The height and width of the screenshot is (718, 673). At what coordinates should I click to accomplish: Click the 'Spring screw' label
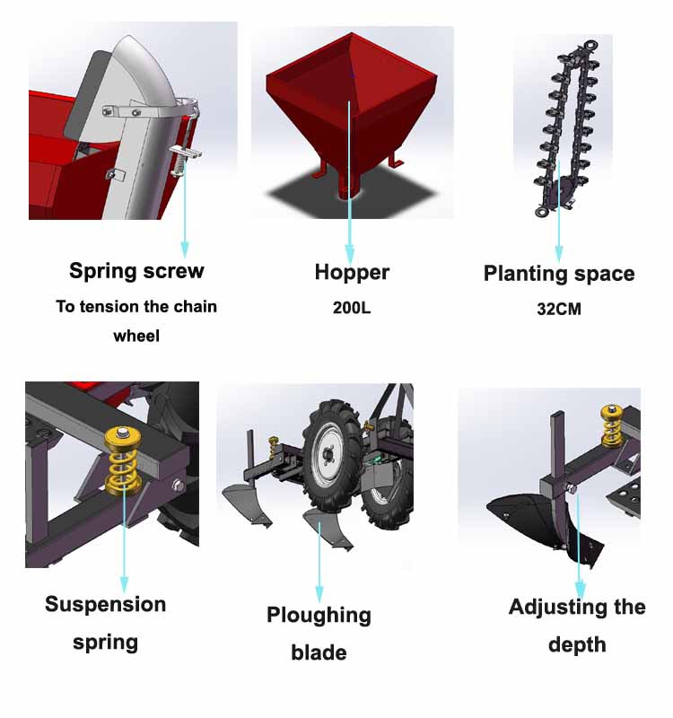[x=136, y=271]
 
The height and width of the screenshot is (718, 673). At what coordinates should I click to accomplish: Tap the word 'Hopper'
[x=352, y=272]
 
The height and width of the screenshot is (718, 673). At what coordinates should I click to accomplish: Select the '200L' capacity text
[x=352, y=308]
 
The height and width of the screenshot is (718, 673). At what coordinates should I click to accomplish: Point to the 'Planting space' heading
[x=559, y=274]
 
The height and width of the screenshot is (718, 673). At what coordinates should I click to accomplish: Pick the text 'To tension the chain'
[x=136, y=307]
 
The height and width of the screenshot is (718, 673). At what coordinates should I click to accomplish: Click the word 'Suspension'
[x=106, y=604]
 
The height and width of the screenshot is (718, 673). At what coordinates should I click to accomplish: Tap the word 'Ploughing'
[x=319, y=615]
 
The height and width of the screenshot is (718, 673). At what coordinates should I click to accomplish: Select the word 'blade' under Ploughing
[x=319, y=652]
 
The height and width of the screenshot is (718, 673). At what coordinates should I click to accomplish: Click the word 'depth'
[x=577, y=644]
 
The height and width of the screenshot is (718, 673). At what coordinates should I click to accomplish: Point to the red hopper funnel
[x=350, y=108]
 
